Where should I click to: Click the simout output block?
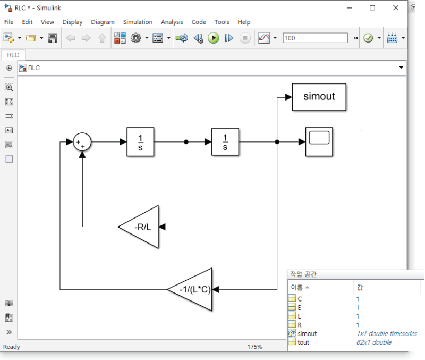point(319,97)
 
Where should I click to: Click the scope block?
point(319,141)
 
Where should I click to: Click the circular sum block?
point(82,142)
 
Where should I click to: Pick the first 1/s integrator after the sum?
point(140,142)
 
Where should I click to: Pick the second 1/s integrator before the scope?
point(225,142)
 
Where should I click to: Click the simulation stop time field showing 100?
point(315,38)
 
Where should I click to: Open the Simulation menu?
point(138,22)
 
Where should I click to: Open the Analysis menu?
point(172,22)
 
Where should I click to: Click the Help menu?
point(244,22)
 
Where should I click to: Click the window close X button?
point(396,7)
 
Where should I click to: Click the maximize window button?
point(372,7)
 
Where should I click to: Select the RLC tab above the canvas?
point(13,55)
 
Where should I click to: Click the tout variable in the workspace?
point(303,342)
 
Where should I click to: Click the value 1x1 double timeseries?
point(386,334)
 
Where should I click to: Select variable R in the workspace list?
point(300,325)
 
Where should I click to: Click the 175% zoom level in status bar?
point(255,347)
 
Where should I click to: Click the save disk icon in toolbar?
point(53,38)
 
